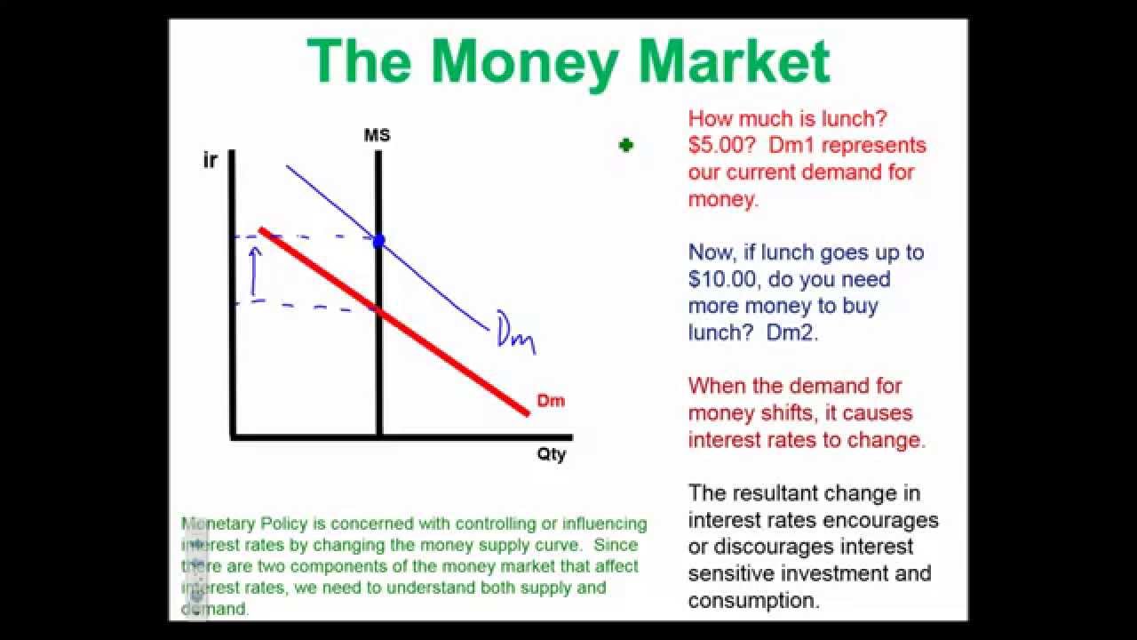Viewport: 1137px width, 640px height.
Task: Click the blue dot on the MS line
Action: (x=378, y=240)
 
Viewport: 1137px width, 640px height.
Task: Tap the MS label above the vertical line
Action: (x=377, y=136)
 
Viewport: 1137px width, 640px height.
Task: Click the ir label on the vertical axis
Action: (x=210, y=162)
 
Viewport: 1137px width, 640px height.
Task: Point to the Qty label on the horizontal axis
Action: (x=551, y=454)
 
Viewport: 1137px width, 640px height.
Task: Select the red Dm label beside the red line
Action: (x=551, y=401)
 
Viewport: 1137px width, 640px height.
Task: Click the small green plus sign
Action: (x=626, y=145)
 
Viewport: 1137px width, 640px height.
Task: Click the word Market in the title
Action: (x=734, y=61)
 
